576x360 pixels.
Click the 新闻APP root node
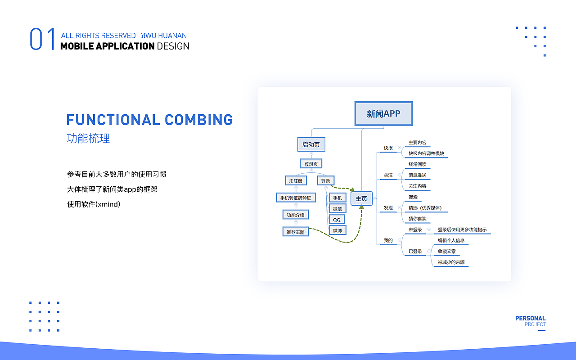(383, 114)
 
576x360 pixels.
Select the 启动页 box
(311, 144)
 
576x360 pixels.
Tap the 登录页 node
(311, 164)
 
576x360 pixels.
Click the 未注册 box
(296, 181)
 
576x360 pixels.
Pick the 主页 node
(361, 198)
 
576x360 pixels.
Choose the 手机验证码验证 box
(296, 198)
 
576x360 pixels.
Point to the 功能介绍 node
(296, 215)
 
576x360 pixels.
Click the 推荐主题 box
(296, 232)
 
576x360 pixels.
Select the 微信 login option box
(337, 209)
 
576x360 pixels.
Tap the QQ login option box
(337, 220)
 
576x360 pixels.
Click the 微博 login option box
(337, 230)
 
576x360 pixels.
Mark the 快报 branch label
(388, 148)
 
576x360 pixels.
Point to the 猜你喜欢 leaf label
(417, 219)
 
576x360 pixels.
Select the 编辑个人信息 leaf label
(451, 240)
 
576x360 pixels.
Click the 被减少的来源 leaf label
(451, 262)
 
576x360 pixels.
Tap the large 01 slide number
(42, 39)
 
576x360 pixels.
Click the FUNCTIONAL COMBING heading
(149, 120)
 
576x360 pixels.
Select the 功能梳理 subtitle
(88, 139)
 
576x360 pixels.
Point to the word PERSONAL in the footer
(530, 318)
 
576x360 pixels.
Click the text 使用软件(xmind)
(94, 204)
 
